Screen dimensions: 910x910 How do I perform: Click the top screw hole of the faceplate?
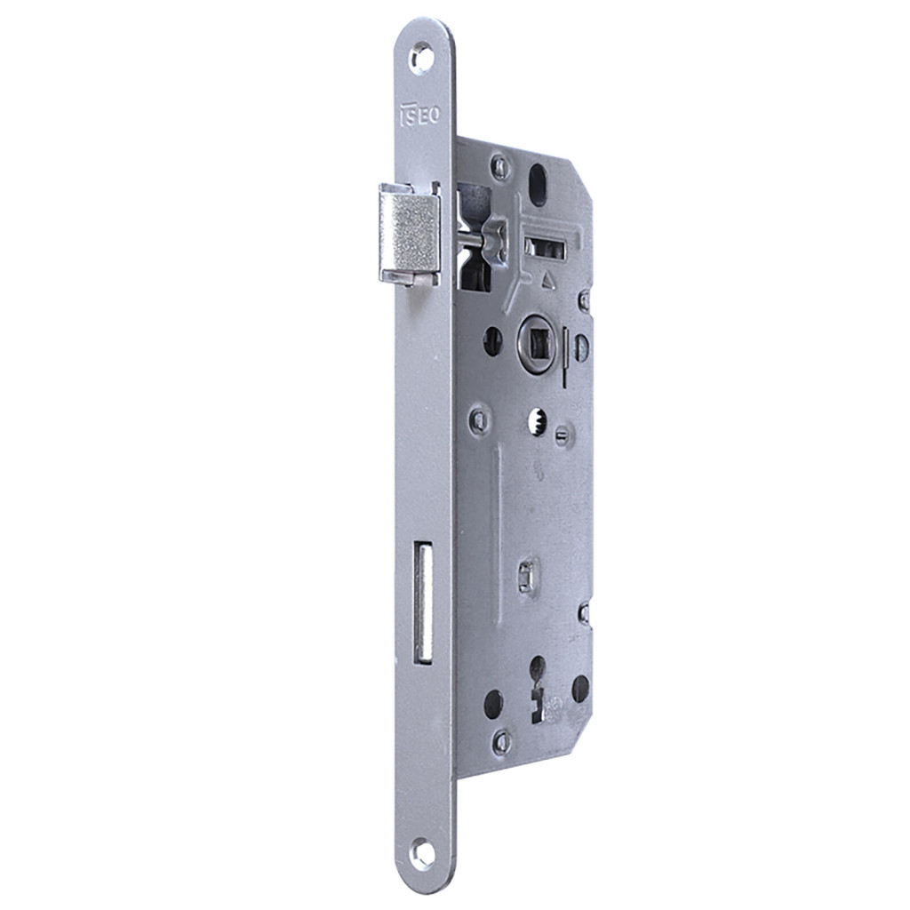pyautogui.click(x=421, y=60)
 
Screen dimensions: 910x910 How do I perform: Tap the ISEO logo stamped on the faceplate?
pyautogui.click(x=419, y=116)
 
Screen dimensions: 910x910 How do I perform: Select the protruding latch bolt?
pyautogui.click(x=409, y=234)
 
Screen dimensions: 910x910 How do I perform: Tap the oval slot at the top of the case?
pyautogui.click(x=538, y=185)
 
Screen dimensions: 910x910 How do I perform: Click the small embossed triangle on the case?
pyautogui.click(x=547, y=283)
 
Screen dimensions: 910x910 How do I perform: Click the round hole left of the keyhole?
pyautogui.click(x=493, y=704)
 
